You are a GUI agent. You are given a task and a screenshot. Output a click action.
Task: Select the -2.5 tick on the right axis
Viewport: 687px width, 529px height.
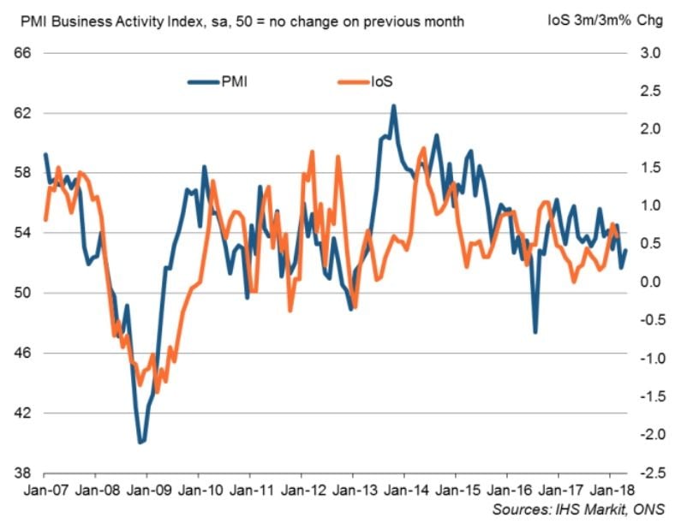646,473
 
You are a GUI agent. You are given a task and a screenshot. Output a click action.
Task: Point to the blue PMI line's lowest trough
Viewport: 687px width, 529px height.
140,443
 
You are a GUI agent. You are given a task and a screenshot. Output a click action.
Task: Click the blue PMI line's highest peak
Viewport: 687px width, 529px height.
393,106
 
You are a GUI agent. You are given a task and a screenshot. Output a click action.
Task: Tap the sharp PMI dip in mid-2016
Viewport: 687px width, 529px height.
535,332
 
